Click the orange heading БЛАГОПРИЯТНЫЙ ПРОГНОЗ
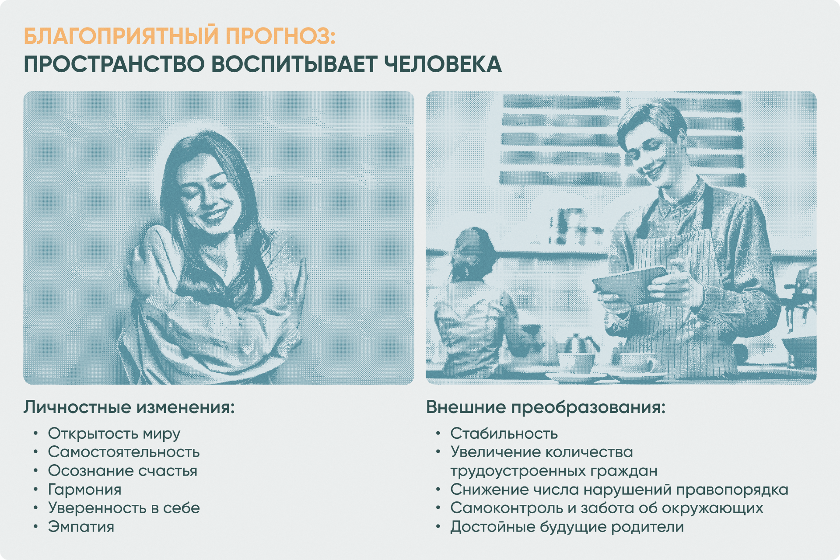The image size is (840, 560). point(179,36)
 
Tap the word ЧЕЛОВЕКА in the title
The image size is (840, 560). point(443,64)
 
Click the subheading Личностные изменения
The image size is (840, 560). point(129,407)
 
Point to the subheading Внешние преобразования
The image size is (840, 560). point(546,407)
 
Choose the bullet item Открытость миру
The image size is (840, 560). point(114,434)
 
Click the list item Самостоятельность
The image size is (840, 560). point(124,452)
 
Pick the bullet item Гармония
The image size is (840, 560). point(85,489)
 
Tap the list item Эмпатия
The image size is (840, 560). point(81,527)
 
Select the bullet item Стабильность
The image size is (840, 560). point(504,434)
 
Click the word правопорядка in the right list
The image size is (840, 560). point(732,490)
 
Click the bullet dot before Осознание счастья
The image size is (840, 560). point(36,471)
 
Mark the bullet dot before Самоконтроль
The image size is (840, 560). point(438,508)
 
